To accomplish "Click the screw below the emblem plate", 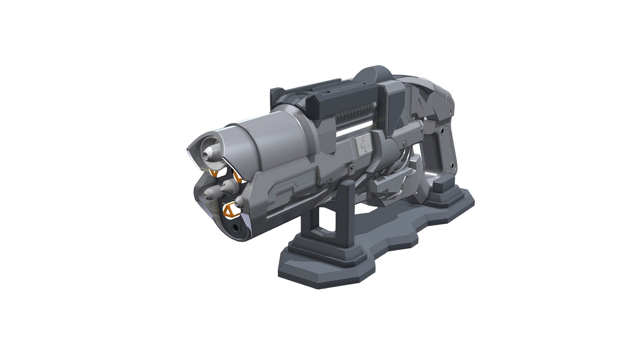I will click(x=352, y=170).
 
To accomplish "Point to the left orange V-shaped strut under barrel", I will click(x=214, y=174).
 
